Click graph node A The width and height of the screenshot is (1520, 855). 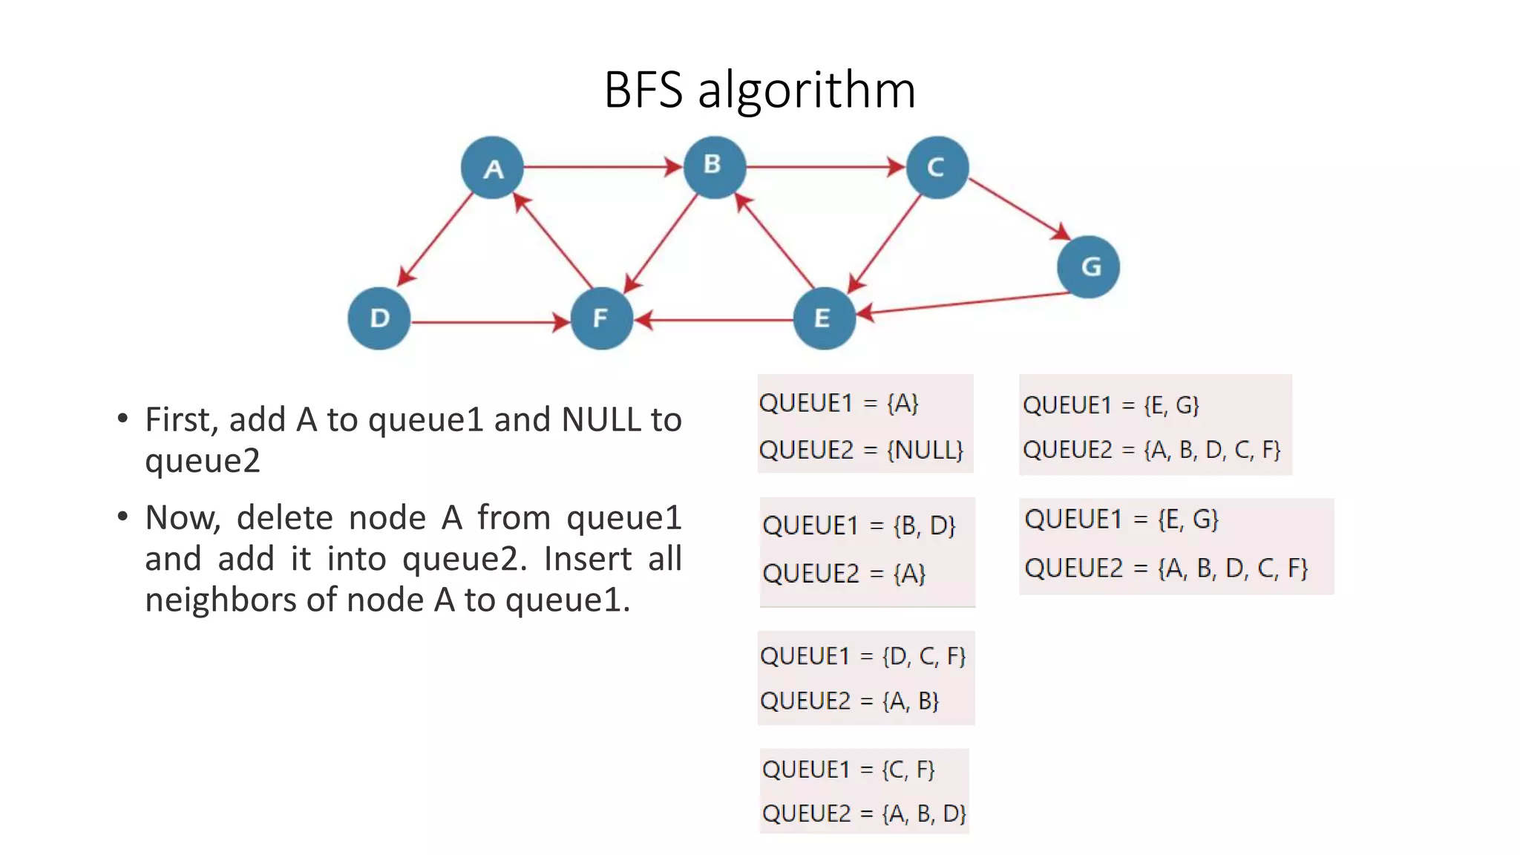tap(492, 168)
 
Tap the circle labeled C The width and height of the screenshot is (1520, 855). tap(937, 168)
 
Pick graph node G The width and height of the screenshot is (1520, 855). tap(1088, 266)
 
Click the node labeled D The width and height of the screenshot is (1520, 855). tap(379, 318)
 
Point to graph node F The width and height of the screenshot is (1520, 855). tap(601, 318)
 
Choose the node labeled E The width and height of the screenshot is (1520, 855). tap(824, 318)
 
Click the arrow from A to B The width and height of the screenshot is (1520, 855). tap(601, 167)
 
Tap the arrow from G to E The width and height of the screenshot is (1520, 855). tap(965, 304)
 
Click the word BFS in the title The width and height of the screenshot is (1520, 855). tap(643, 90)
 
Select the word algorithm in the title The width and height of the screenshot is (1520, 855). tap(807, 90)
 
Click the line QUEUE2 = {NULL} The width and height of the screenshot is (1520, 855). tap(861, 450)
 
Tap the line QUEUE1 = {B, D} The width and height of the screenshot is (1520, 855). tap(859, 525)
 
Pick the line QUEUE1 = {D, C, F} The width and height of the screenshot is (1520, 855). tap(862, 656)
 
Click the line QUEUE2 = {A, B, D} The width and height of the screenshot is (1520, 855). tap(864, 813)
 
